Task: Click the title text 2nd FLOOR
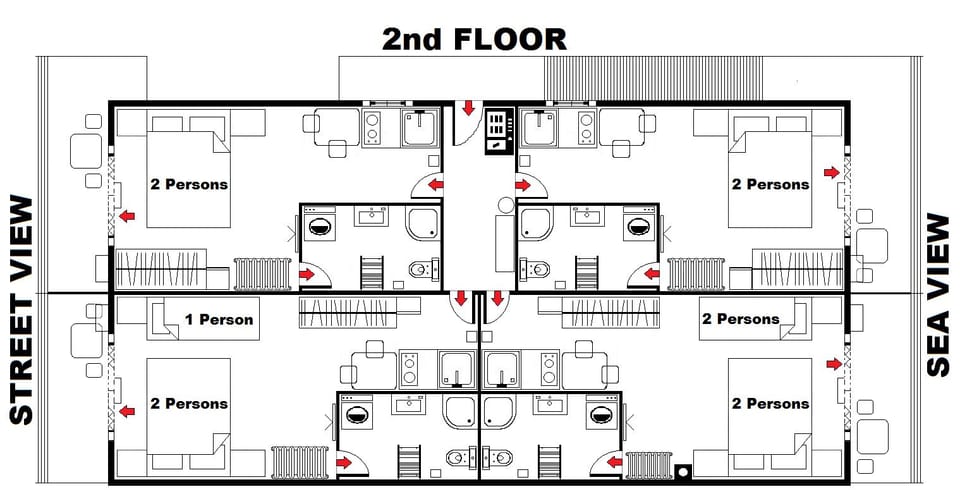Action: tap(474, 40)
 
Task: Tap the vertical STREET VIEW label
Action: tap(22, 310)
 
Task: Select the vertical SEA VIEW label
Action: tap(938, 295)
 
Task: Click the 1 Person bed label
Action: tap(219, 320)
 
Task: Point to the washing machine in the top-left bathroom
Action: tap(320, 225)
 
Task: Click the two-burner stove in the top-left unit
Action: tap(372, 128)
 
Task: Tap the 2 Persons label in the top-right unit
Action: tap(770, 185)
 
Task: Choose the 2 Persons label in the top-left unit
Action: tap(188, 185)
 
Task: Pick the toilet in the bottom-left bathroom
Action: tap(457, 458)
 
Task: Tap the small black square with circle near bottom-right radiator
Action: tap(685, 470)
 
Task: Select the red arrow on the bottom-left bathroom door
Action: tap(346, 461)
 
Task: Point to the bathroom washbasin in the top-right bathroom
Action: tap(582, 214)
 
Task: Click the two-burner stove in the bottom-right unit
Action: tap(549, 369)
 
